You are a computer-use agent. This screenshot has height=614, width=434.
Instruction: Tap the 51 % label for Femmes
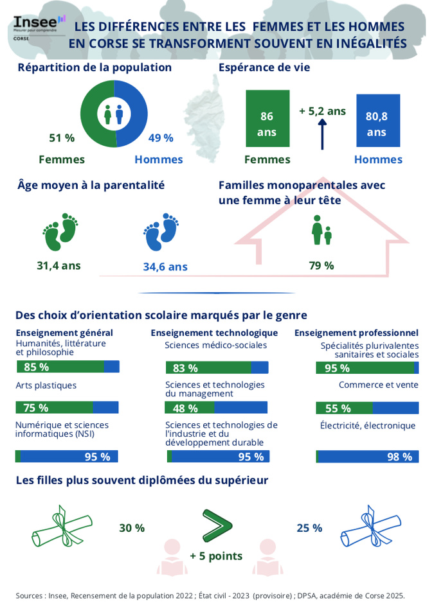point(62,137)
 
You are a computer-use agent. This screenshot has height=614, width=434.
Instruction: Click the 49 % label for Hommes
point(160,137)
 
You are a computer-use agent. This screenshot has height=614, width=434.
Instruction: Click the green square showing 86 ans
point(266,123)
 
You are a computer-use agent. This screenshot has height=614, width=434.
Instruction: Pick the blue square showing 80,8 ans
point(376,123)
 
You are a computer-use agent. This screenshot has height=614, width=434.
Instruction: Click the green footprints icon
point(60,232)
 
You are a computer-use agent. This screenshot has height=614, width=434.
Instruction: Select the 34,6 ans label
point(165,267)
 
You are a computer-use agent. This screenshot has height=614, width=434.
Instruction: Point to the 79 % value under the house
point(321,265)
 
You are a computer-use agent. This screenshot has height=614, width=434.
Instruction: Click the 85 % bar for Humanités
point(68,367)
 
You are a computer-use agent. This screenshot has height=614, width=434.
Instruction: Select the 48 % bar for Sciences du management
point(216,408)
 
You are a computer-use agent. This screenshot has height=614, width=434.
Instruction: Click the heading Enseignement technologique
point(214,333)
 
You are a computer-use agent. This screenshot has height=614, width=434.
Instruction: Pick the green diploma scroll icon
point(59,527)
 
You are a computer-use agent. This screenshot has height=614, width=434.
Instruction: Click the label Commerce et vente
point(378,385)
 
